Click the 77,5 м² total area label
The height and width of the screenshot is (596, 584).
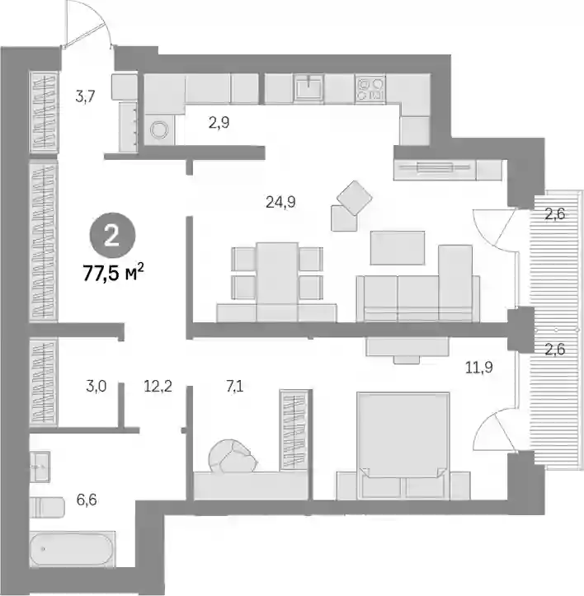pos(113,273)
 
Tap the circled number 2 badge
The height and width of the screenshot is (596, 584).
pos(112,236)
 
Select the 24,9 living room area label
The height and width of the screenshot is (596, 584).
pos(280,202)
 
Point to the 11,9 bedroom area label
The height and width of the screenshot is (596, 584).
pos(479,367)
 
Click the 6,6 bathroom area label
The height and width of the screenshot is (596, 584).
pos(87,500)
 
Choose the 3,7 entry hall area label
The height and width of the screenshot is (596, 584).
pos(85,96)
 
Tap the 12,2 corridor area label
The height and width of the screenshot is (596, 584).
pos(158,386)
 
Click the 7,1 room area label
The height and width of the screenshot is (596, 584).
pos(235,387)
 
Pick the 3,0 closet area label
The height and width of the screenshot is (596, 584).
pos(96,386)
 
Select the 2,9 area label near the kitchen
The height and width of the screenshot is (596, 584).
pos(219,123)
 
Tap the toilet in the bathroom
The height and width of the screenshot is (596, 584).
pos(47,507)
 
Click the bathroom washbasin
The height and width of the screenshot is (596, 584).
pos(40,467)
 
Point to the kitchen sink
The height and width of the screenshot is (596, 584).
pos(308,87)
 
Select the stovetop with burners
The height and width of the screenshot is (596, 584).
pos(370,89)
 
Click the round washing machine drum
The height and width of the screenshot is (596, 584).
pos(159,129)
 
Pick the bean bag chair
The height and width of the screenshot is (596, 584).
pos(233,456)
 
